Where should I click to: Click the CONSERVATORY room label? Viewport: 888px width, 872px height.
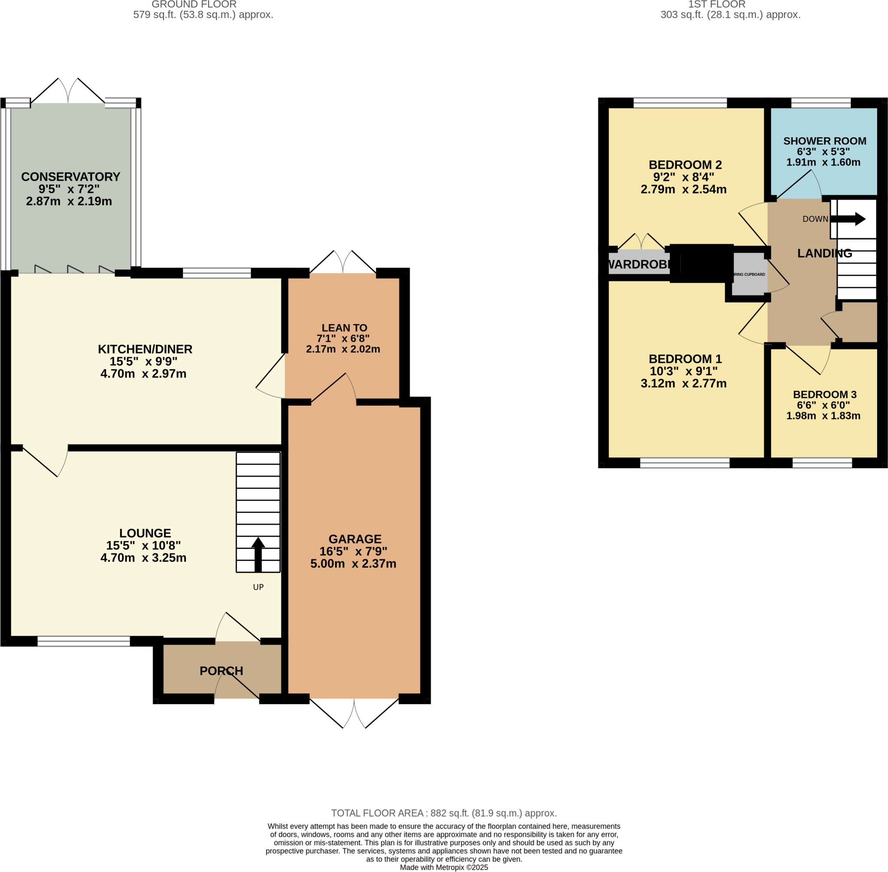(x=71, y=177)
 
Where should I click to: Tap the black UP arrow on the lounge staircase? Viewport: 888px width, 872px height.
(x=258, y=555)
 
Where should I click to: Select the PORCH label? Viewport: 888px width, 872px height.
(x=221, y=671)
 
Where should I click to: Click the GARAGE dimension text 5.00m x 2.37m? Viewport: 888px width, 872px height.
(x=353, y=564)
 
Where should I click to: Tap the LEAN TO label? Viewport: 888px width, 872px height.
(x=344, y=328)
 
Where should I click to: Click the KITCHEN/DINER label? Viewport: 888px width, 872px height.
(x=145, y=349)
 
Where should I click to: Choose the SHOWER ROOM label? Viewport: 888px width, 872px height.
(x=824, y=141)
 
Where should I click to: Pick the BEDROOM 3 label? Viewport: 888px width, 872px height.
(x=824, y=394)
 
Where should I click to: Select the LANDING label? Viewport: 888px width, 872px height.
(x=824, y=253)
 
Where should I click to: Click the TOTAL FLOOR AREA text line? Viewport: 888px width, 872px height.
(x=444, y=813)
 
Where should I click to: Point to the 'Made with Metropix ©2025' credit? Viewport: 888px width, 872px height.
(x=444, y=867)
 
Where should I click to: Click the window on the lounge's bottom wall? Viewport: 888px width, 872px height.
(x=84, y=641)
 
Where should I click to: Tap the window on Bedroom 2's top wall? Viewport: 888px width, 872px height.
(x=680, y=103)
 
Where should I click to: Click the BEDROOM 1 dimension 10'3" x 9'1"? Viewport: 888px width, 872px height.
(x=683, y=371)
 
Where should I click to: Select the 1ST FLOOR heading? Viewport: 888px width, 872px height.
(x=717, y=5)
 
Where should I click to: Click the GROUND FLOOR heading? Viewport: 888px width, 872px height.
(x=194, y=5)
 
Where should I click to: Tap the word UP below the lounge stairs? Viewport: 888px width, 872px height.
(x=258, y=587)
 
